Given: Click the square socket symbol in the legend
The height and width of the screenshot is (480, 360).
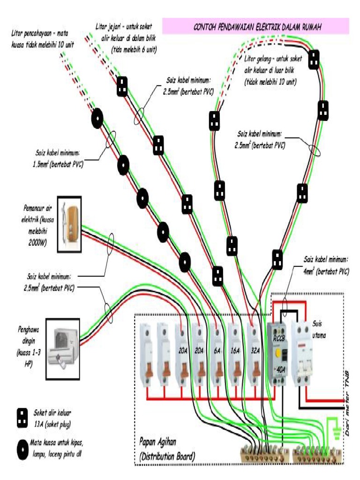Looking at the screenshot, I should click(x=22, y=416).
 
